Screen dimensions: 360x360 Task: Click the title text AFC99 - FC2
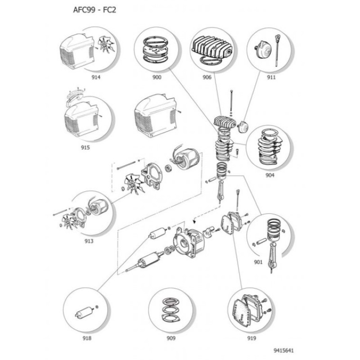pos(94,10)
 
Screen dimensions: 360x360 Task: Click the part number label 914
pos(96,77)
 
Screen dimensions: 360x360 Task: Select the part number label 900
pos(157,77)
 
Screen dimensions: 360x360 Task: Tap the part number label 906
pos(207,77)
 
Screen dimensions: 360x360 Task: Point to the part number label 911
pos(271,77)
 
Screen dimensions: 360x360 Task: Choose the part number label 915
pos(85,148)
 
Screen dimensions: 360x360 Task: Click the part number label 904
pos(270,175)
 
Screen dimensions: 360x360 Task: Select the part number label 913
pos(89,241)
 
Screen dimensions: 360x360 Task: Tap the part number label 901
pos(258,262)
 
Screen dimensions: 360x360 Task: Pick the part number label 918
pos(87,338)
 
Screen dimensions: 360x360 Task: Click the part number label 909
pos(171,338)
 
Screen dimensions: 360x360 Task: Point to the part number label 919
pos(252,338)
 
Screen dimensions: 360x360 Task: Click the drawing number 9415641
pos(283,351)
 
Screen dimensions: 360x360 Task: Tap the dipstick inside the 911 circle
pos(277,50)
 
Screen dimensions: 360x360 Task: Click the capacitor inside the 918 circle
pos(84,312)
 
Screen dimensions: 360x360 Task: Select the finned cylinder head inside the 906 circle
pos(211,48)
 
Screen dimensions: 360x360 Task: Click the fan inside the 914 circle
pos(106,45)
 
